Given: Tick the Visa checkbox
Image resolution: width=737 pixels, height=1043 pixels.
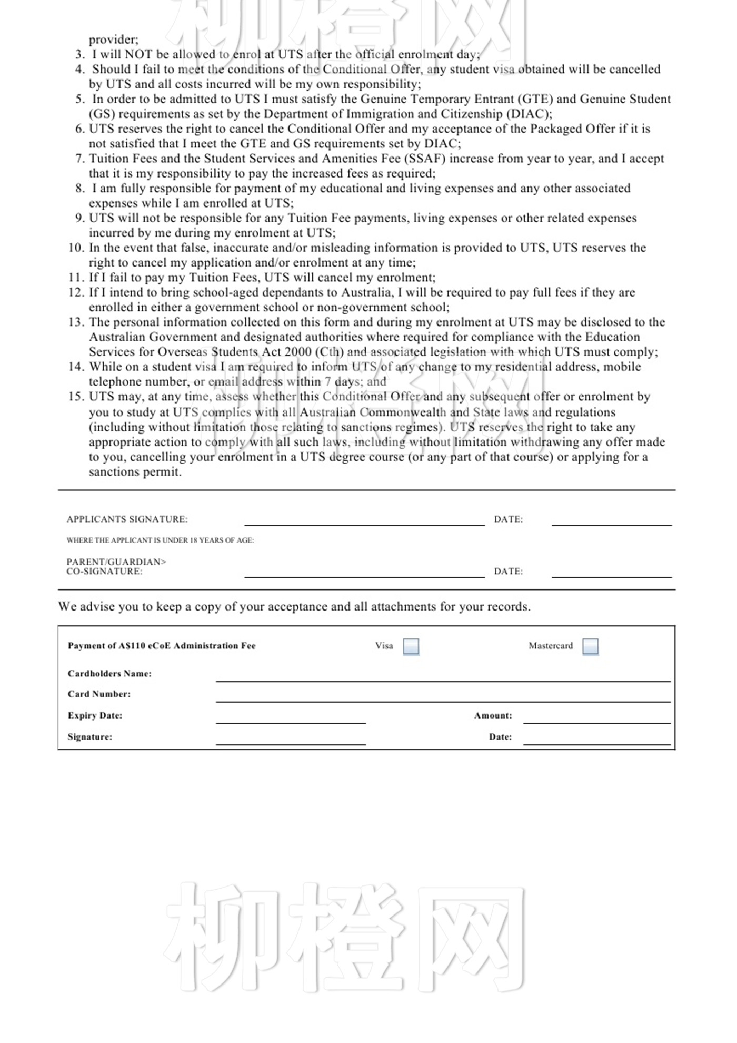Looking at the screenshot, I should (x=411, y=646).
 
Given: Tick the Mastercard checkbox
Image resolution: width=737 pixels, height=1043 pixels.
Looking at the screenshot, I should (x=591, y=646).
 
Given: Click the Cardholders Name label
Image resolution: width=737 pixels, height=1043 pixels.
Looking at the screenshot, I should (x=109, y=674).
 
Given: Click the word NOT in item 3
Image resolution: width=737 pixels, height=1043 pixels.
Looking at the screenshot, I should (x=138, y=55).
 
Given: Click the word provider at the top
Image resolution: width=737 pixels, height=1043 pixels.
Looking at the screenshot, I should (x=113, y=40).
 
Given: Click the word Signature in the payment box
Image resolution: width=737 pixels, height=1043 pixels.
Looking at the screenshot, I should (x=89, y=737).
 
